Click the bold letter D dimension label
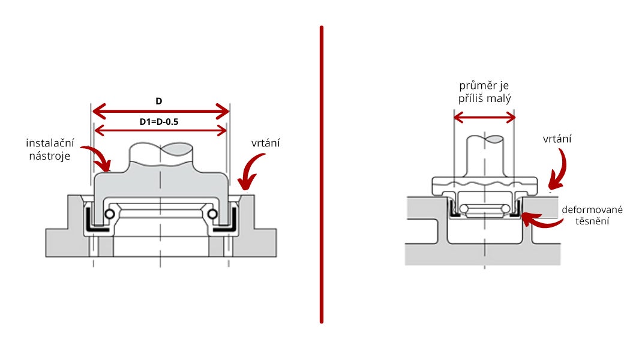point(159,101)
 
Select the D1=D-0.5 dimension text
point(160,122)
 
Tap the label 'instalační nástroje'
point(50,149)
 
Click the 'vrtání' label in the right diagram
point(557,139)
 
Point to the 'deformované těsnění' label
point(592,215)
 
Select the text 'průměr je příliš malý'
point(484,92)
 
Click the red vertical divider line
point(322,174)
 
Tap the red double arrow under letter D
point(160,111)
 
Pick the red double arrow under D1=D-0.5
point(160,131)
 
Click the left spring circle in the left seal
point(110,215)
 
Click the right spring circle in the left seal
point(212,215)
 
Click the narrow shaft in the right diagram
point(485,156)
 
